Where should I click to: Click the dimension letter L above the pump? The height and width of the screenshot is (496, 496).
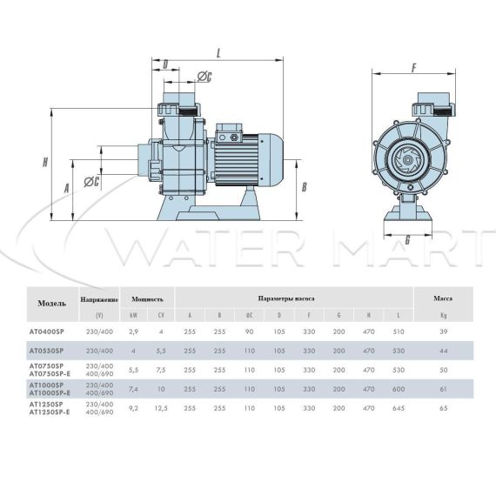(x=218, y=53)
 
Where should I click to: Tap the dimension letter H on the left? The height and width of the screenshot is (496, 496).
(x=45, y=162)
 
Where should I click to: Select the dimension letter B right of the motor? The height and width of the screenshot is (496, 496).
(x=304, y=186)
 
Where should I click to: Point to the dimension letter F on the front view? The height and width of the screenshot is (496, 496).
(x=414, y=68)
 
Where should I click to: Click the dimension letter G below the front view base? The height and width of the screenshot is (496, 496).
(x=407, y=240)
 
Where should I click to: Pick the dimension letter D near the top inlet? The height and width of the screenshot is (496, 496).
(x=165, y=64)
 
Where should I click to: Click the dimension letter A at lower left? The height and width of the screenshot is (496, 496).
(x=66, y=189)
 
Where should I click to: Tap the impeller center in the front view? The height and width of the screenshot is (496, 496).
(x=406, y=161)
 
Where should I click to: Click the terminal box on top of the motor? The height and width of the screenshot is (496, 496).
(x=230, y=132)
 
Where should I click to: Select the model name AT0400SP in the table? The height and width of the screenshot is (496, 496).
(x=46, y=332)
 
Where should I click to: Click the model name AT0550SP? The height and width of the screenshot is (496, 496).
(x=46, y=351)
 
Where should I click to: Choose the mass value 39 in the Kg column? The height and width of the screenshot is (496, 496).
(x=444, y=332)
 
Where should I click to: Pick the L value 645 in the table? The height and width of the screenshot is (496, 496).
(x=399, y=408)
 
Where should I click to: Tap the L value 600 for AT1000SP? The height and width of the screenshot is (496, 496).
(x=399, y=389)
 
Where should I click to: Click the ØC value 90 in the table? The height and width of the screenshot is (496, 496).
(x=249, y=332)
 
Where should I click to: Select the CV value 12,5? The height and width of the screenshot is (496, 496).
(x=161, y=408)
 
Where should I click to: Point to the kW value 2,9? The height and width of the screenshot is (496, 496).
(x=134, y=332)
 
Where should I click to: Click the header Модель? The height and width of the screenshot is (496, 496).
(x=52, y=304)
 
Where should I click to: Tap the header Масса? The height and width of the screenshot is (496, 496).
(x=443, y=298)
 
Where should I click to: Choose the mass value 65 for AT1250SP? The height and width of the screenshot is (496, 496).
(x=444, y=408)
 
